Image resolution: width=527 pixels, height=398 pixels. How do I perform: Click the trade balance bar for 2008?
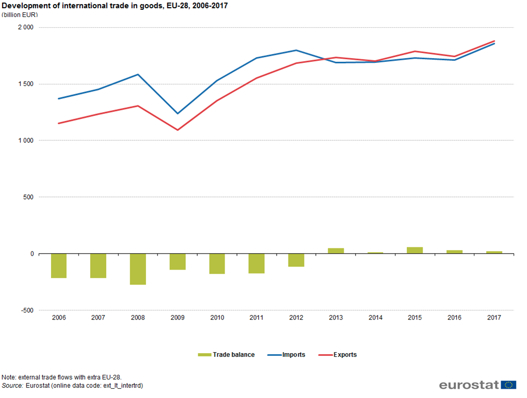click(x=138, y=269)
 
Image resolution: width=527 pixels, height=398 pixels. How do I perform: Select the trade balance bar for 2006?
click(x=59, y=266)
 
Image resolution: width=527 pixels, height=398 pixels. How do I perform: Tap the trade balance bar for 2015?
click(x=414, y=250)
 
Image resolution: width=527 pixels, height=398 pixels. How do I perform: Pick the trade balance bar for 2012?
click(x=296, y=260)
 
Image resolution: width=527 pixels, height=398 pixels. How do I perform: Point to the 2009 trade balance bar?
click(x=178, y=261)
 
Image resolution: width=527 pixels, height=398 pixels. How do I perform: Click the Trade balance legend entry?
click(x=227, y=355)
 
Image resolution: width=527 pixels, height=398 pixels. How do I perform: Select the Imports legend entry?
click(x=286, y=355)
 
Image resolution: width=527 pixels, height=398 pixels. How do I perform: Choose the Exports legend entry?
click(x=338, y=355)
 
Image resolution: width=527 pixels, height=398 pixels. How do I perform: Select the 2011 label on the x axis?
click(x=257, y=318)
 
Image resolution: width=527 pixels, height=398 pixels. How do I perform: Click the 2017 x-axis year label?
click(x=494, y=318)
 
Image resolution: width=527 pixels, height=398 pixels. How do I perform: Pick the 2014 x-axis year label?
click(x=375, y=318)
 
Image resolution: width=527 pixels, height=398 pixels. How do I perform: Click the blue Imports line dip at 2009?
click(x=178, y=113)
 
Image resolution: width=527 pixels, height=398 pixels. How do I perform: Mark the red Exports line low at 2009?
click(x=178, y=130)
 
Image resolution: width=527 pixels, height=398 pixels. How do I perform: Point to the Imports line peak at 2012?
click(x=296, y=50)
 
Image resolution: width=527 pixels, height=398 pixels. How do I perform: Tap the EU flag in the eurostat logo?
click(x=509, y=385)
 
